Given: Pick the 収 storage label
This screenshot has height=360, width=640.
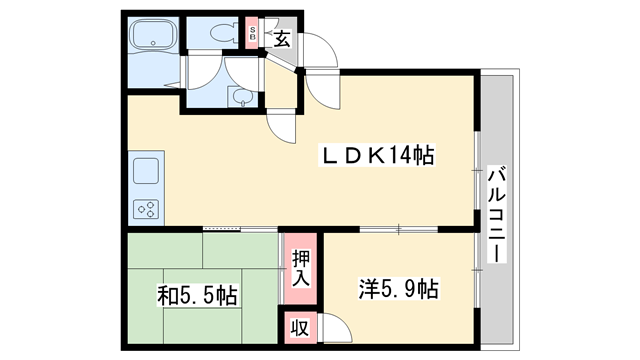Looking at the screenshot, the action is pos(299,327).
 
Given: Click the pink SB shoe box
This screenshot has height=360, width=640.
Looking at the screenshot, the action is pos(253,35).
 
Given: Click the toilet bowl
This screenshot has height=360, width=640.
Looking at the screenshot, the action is pos(215,31).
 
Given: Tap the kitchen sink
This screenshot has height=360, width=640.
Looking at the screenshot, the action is pos(147,171).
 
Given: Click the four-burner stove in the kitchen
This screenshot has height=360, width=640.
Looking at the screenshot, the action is pos(147,209).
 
